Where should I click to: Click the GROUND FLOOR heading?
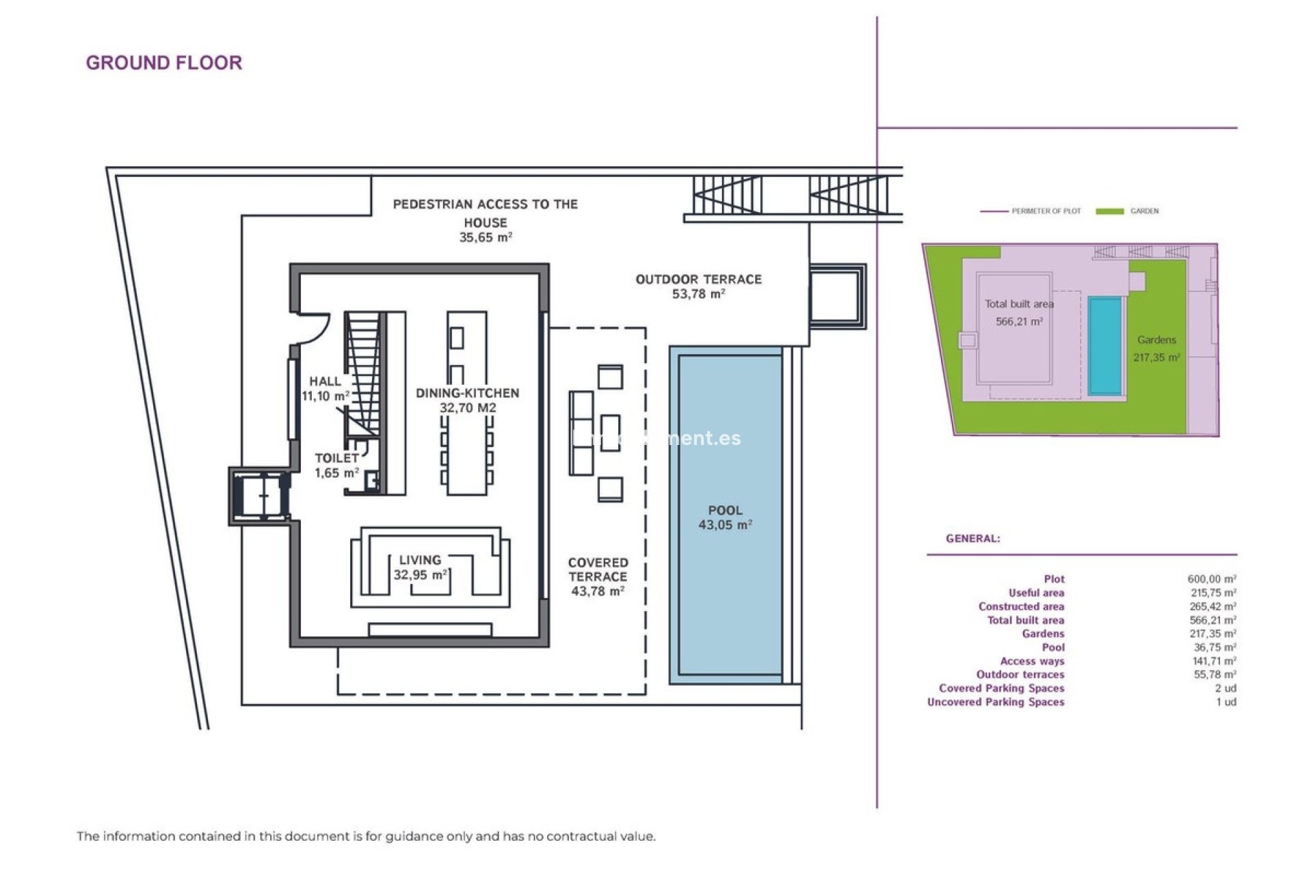[x=163, y=63]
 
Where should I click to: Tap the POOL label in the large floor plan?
[x=725, y=517]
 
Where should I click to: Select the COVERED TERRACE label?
[x=598, y=576]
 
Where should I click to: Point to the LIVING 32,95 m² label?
[x=420, y=567]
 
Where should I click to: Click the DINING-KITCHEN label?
[x=468, y=400]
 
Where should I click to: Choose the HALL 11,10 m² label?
[x=325, y=388]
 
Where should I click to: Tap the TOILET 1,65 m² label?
[x=336, y=466]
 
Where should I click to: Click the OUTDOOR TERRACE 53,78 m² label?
[x=698, y=286]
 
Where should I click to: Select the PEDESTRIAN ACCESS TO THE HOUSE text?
[x=485, y=213]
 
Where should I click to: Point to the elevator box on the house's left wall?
[x=261, y=496]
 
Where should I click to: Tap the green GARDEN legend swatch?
[x=1109, y=211]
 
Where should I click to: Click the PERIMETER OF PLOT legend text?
[x=1046, y=211]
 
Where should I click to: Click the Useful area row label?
[x=1036, y=593]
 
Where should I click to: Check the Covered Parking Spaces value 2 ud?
[x=1225, y=688]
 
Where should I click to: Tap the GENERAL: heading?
[x=972, y=539]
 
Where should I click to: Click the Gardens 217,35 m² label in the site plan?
[x=1156, y=348]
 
